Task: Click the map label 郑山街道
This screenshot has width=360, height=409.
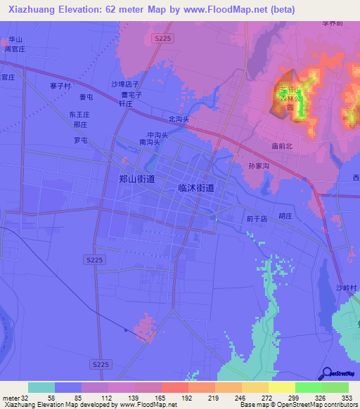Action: coord(137,179)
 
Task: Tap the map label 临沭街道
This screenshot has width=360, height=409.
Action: coord(196,188)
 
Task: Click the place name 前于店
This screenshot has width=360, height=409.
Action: coord(257,219)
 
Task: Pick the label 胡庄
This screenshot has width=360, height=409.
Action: coord(285,216)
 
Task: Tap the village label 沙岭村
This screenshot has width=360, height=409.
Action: coord(347,288)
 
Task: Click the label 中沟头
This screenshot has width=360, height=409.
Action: coord(157,134)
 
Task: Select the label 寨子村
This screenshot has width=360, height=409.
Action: coord(61,86)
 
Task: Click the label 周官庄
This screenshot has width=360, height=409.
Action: coord(15,50)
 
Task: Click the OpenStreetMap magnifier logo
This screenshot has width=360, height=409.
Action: coord(326,373)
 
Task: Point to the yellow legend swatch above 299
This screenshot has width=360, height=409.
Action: coord(281,387)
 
